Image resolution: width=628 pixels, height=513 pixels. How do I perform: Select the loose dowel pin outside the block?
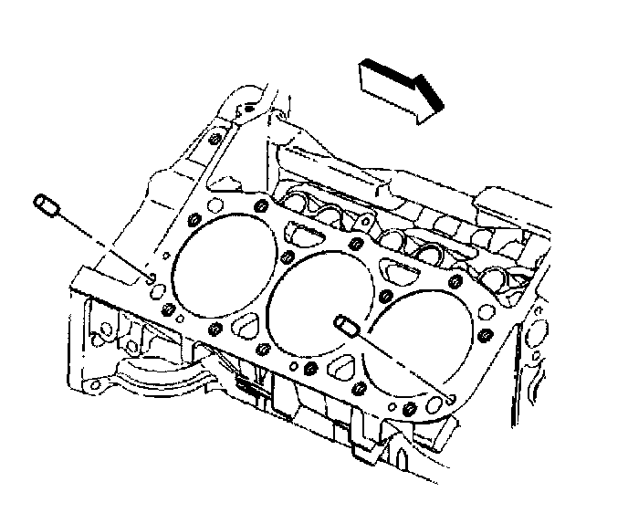pyautogui.click(x=48, y=206)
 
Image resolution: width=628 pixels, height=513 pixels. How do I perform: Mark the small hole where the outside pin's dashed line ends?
pyautogui.click(x=152, y=277)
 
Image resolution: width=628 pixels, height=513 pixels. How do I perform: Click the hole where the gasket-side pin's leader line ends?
pyautogui.click(x=452, y=397)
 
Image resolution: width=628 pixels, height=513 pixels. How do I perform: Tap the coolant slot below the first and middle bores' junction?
pyautogui.click(x=246, y=326)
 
